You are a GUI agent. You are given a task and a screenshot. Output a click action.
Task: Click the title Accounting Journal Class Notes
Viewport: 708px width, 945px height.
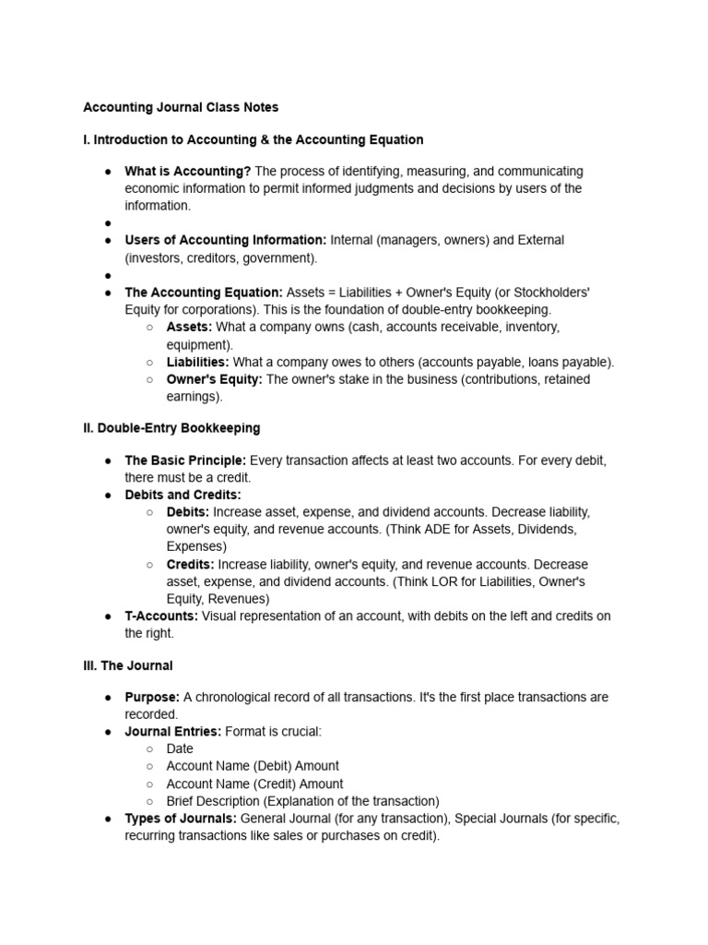click(x=181, y=107)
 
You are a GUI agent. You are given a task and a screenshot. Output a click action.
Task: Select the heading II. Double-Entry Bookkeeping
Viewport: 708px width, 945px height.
click(x=171, y=428)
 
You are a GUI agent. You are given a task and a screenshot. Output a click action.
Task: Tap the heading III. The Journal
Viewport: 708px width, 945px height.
click(x=128, y=665)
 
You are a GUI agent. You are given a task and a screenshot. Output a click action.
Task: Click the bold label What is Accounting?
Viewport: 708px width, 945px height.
click(x=188, y=172)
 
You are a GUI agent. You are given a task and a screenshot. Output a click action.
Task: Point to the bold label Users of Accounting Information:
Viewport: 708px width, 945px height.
click(x=226, y=240)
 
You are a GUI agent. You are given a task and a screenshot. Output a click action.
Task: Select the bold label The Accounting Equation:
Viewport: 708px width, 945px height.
click(x=204, y=292)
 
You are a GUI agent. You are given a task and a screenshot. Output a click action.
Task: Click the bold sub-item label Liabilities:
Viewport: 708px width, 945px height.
click(x=197, y=363)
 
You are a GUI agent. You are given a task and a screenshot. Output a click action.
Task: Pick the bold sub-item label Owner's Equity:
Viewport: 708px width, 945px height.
click(x=214, y=379)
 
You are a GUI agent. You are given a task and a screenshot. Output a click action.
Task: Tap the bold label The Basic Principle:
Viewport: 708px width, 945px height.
click(x=185, y=461)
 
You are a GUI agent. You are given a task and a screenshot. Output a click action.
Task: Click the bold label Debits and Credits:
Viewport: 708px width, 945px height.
click(x=183, y=495)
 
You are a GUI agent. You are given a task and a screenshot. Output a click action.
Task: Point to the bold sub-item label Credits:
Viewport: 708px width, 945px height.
click(x=190, y=564)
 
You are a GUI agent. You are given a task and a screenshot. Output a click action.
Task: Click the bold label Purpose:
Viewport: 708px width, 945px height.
click(x=152, y=698)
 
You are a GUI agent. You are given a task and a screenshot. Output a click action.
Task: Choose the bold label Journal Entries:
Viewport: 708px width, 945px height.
click(x=172, y=732)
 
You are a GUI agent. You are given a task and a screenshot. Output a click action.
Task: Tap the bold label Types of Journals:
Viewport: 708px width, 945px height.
click(x=181, y=819)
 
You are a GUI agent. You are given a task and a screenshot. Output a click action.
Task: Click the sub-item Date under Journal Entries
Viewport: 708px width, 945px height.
click(x=180, y=748)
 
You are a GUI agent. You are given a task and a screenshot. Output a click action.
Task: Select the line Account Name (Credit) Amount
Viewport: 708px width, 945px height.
click(x=254, y=784)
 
